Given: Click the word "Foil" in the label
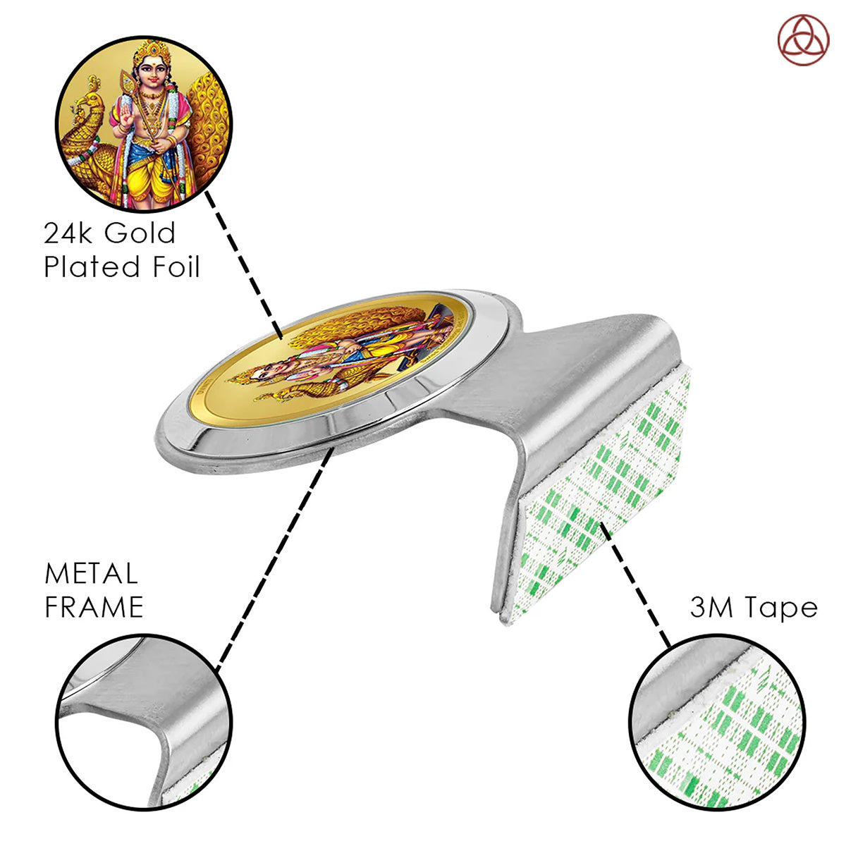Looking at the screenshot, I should (x=176, y=267).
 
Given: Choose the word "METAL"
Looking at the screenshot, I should (x=91, y=574).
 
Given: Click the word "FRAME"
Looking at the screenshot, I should (x=94, y=607).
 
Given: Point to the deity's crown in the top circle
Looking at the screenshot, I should (x=152, y=51).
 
